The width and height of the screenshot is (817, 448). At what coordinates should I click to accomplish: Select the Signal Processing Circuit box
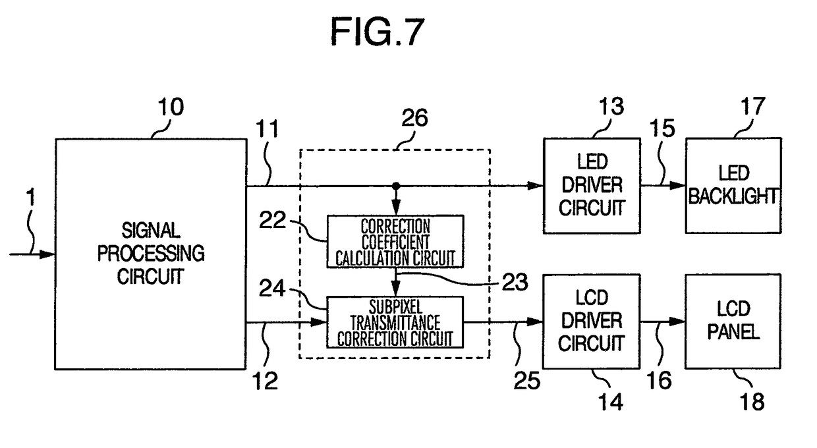(150, 254)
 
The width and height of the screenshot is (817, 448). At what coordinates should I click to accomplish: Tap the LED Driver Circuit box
(591, 185)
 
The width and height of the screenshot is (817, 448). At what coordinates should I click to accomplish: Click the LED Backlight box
(733, 185)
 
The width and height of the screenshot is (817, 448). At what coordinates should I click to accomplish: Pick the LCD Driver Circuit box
(591, 322)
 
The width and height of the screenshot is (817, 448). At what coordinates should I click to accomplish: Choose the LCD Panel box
(733, 322)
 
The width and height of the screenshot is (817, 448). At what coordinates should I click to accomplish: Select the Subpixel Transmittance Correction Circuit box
(395, 322)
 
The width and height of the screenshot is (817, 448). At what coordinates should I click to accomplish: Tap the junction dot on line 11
(396, 186)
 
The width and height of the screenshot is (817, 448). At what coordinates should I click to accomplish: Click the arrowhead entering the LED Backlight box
(678, 186)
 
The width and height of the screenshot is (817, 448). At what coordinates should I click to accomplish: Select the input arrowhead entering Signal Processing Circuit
(47, 254)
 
